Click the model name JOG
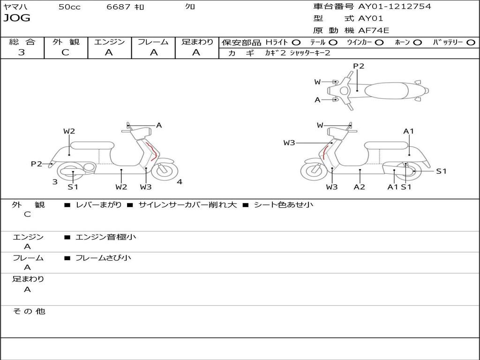[16, 18]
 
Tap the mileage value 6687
[120, 7]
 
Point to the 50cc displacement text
[69, 7]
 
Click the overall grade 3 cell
[22, 52]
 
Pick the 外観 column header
[66, 42]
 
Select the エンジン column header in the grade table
[109, 42]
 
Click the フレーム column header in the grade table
[153, 42]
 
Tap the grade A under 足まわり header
[196, 52]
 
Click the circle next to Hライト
[296, 43]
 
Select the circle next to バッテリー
[471, 43]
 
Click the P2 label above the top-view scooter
[359, 66]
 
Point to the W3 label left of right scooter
[289, 143]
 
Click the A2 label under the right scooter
[360, 187]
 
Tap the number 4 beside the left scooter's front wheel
[180, 182]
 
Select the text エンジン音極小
[105, 237]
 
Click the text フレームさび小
[103, 258]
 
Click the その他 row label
[29, 311]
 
